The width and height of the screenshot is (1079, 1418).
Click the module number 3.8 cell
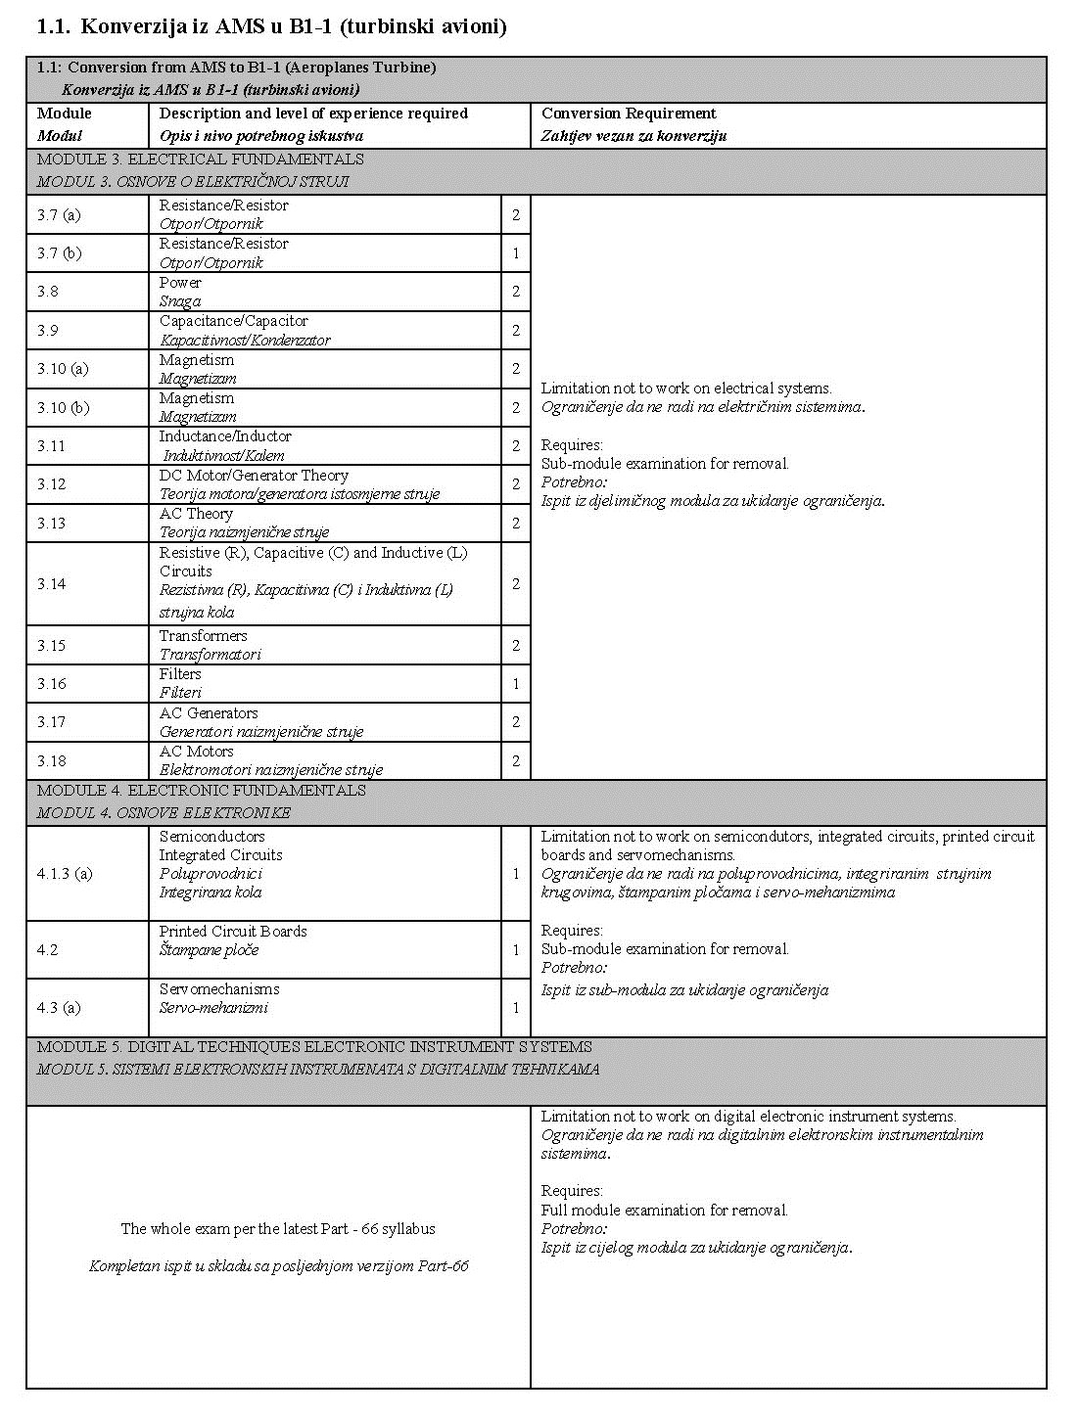(48, 292)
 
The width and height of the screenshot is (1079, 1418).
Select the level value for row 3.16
(516, 684)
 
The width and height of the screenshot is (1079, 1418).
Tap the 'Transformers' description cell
(204, 636)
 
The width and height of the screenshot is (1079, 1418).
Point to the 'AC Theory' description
(196, 514)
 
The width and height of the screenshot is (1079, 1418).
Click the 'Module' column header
(65, 114)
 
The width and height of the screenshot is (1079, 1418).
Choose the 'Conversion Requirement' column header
(629, 114)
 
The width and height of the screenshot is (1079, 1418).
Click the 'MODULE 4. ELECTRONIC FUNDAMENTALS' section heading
(202, 791)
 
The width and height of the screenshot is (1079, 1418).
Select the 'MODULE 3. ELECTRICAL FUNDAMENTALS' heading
(201, 159)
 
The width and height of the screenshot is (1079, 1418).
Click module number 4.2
(48, 949)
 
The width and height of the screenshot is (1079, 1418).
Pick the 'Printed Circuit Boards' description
(233, 932)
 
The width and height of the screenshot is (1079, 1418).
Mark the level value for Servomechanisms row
(516, 1008)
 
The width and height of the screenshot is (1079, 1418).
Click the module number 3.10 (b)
(63, 407)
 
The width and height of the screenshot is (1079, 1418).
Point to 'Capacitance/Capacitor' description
(234, 321)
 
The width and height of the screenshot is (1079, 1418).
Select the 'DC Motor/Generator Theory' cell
(254, 476)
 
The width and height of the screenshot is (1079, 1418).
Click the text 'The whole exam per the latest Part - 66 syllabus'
(278, 1229)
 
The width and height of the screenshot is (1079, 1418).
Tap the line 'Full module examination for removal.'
(664, 1211)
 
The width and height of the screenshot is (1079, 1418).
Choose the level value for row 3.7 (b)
(516, 253)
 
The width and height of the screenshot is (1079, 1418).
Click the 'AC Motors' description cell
(197, 752)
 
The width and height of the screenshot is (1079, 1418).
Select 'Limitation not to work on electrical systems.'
(686, 389)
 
